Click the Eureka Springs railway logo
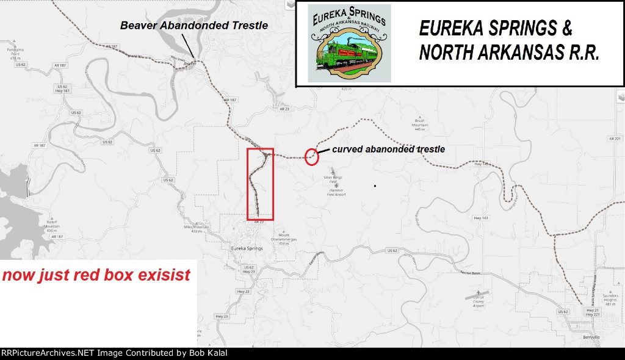(349, 43)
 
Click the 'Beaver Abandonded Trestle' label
(193, 26)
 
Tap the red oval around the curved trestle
(312, 156)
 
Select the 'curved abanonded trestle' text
(388, 149)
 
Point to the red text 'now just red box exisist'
(96, 275)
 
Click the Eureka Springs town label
(247, 249)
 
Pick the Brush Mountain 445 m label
(419, 125)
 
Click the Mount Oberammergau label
(284, 239)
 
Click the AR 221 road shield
(614, 139)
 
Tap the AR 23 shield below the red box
(258, 222)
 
